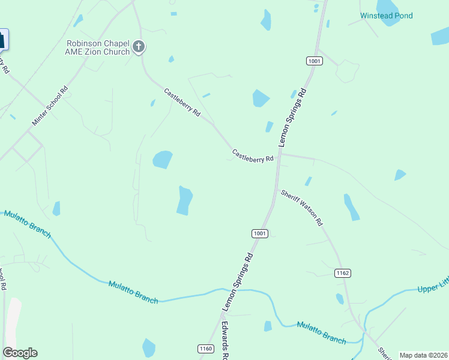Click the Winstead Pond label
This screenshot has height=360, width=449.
point(386,16)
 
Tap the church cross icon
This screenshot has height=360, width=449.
point(139,47)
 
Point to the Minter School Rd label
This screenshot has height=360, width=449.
point(50,107)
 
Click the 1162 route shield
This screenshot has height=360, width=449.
point(342,273)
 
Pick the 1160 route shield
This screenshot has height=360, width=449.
point(205,349)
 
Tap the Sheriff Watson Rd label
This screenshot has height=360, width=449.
point(302,208)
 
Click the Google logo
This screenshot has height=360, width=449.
point(20,353)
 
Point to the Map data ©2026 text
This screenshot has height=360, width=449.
point(423,355)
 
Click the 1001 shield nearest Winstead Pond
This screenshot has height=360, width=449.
point(314,61)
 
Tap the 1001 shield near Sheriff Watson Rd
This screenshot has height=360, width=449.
point(259,233)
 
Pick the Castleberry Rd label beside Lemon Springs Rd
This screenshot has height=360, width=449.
point(253,155)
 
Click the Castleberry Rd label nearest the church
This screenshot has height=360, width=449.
point(182,103)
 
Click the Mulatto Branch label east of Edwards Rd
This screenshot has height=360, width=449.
point(321,332)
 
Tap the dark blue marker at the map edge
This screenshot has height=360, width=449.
point(2,40)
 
